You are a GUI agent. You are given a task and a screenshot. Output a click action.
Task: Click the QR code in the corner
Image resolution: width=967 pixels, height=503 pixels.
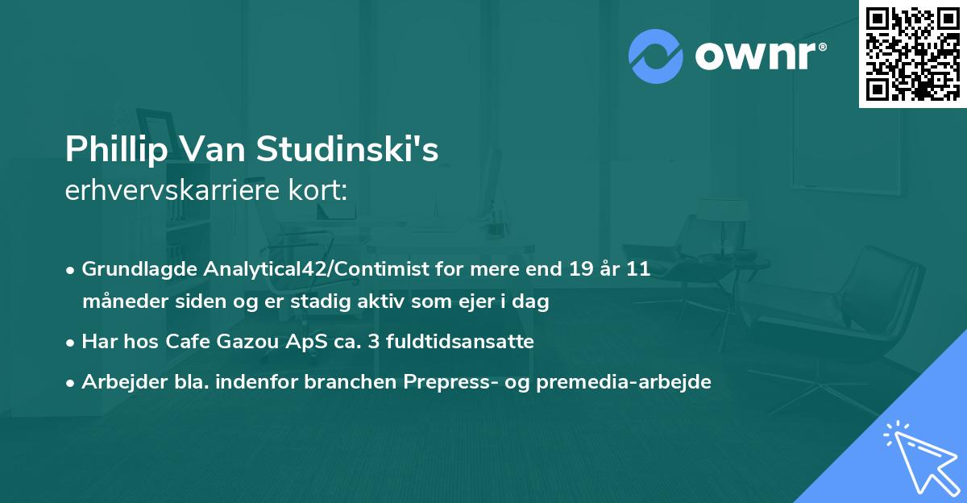912,54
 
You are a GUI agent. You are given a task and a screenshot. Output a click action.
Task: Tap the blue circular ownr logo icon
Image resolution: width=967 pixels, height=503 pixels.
656,55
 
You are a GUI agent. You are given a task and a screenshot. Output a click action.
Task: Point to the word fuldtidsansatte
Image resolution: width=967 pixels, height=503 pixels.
454,342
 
